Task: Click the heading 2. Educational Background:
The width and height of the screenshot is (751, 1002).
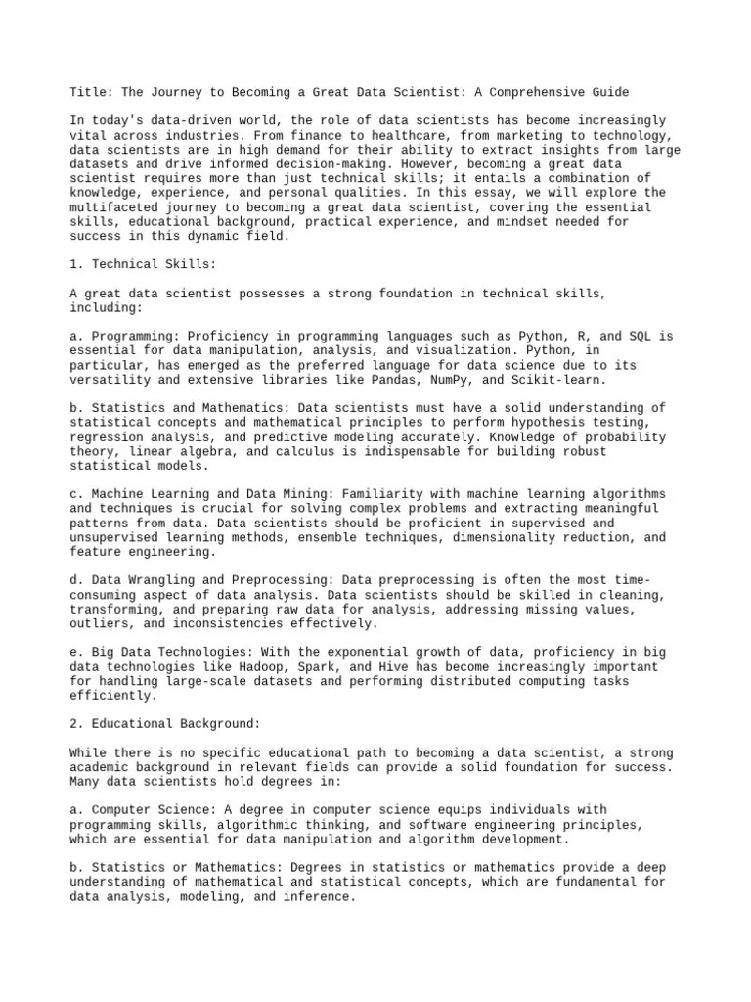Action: click(165, 723)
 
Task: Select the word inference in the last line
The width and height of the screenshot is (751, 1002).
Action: click(317, 895)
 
